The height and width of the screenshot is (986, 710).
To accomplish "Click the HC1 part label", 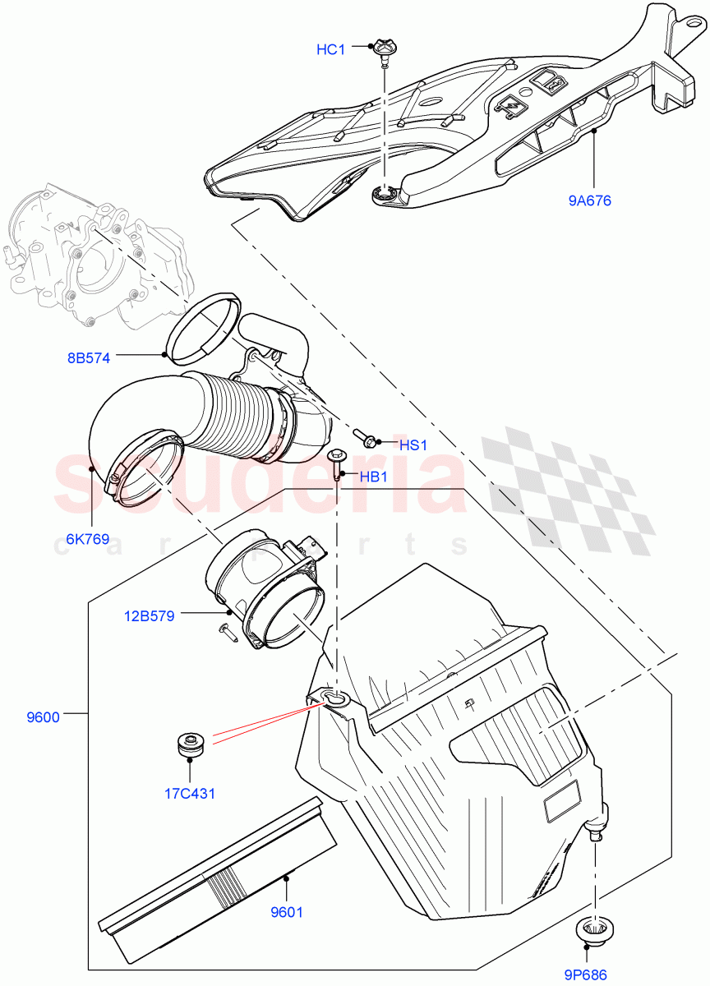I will pos(330,50).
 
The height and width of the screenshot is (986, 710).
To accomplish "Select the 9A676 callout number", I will pos(588,200).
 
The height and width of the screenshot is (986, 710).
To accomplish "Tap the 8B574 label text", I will pos(89,357).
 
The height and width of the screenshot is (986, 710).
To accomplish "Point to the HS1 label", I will pos(413,445).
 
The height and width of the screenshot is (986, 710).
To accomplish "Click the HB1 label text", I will pos(374,477).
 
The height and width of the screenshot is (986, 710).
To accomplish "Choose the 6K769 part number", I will pos(88,540).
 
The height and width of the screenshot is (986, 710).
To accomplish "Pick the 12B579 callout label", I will pos(150,615).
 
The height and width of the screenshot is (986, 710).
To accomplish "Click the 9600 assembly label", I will pos(43,716).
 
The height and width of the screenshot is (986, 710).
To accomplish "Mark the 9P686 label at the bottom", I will pos(586,975).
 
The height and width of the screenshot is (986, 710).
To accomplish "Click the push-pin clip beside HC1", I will pos(384,50).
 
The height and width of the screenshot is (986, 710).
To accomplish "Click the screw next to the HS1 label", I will pos(365,437).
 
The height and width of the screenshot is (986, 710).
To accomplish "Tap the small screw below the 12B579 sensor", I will pos(228,630).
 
